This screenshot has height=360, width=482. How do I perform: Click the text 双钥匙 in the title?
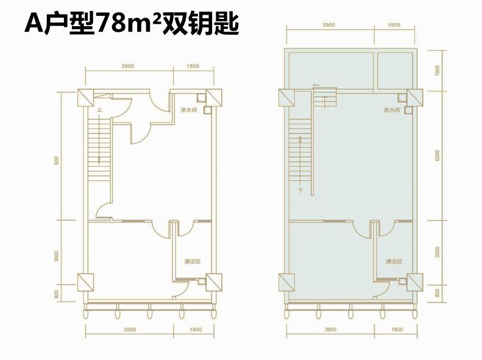[x=200, y=26]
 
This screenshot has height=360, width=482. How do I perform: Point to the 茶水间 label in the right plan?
[x=391, y=111]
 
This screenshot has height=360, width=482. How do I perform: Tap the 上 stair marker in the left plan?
[x=98, y=110]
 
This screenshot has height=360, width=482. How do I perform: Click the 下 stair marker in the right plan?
[x=300, y=191]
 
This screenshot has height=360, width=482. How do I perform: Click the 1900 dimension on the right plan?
[x=438, y=71]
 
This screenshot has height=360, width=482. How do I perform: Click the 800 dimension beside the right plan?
[x=438, y=293]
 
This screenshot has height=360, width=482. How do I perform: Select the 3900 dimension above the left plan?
[x=127, y=65]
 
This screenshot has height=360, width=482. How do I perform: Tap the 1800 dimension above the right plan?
[x=394, y=25]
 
